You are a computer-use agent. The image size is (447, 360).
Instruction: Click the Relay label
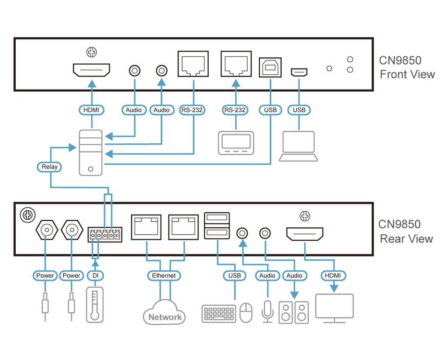click(49, 167)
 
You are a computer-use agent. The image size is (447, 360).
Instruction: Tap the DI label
click(95, 276)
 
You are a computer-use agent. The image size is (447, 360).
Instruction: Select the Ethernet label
click(164, 276)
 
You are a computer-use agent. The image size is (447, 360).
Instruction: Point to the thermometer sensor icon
click(95, 305)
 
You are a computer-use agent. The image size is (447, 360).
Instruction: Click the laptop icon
click(299, 146)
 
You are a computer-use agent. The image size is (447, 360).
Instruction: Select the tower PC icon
click(91, 152)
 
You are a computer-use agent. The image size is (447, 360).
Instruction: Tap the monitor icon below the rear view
click(334, 308)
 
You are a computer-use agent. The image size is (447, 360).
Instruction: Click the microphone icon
click(268, 311)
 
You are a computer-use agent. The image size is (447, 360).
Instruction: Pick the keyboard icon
click(219, 314)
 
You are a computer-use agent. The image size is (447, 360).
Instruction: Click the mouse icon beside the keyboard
click(246, 313)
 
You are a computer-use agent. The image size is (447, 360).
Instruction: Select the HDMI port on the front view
click(92, 70)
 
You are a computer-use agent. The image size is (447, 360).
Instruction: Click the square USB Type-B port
click(270, 67)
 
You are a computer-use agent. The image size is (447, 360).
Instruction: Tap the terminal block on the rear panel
click(105, 235)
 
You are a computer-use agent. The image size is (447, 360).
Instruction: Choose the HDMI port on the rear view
click(305, 234)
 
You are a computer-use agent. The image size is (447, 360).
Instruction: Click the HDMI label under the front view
click(92, 110)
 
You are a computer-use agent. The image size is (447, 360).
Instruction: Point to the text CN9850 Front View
click(407, 67)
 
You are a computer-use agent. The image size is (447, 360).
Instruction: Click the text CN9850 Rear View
click(406, 232)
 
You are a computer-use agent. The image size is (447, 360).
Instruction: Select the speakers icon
click(294, 313)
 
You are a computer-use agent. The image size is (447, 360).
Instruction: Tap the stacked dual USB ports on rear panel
click(217, 225)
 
